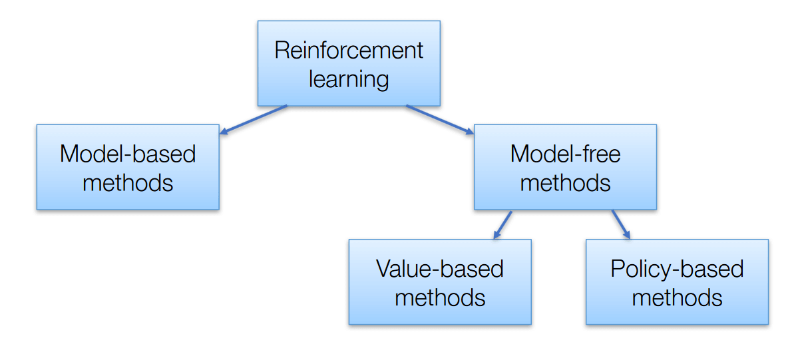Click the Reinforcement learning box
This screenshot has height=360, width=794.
[349, 63]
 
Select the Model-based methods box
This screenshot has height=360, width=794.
[128, 167]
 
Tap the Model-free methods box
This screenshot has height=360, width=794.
[565, 167]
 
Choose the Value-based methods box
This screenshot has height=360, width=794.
[440, 281]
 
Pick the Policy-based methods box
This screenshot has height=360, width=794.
[677, 281]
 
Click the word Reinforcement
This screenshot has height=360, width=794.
[349, 51]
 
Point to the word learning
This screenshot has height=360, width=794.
[349, 79]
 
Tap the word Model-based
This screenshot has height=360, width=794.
[128, 154]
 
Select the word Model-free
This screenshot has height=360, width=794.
[565, 154]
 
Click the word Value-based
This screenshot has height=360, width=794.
[440, 269]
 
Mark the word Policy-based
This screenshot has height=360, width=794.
[677, 269]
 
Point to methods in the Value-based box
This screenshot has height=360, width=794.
[440, 297]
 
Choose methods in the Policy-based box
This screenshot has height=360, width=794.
[677, 297]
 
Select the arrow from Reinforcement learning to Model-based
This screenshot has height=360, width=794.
[254, 120]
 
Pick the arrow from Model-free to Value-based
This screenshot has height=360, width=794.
[502, 225]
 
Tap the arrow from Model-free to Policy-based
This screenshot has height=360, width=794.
[620, 225]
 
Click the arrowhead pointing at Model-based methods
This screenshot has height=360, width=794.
[225, 132]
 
